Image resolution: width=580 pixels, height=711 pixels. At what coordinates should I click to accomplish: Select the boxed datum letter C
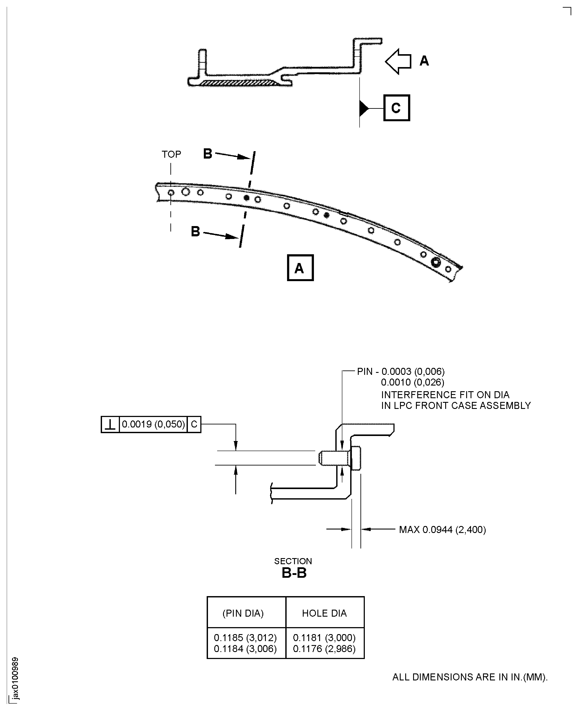tap(396, 108)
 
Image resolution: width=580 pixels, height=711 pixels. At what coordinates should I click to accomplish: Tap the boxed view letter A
tap(300, 268)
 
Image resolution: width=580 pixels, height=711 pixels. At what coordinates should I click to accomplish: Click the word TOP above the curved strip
tap(171, 154)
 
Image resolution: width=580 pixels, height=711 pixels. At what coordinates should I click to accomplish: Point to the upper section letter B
tap(208, 154)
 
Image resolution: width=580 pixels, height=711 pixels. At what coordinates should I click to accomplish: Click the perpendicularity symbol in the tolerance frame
tap(110, 424)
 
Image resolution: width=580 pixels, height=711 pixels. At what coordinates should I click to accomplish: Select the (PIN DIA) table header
tap(243, 613)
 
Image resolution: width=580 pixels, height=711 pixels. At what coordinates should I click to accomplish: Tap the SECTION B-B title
tap(294, 568)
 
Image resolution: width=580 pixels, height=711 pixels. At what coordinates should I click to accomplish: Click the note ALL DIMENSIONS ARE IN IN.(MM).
tap(470, 677)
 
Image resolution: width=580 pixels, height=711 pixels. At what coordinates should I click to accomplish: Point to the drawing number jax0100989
tap(15, 678)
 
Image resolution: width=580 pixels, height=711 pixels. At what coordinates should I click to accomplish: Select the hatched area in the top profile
tap(239, 83)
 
